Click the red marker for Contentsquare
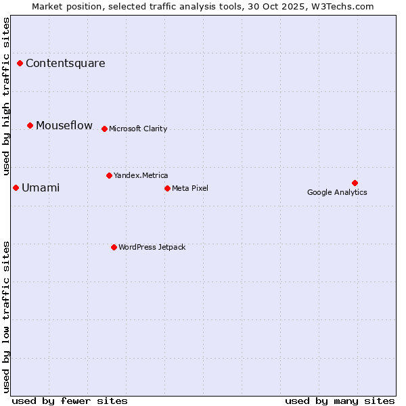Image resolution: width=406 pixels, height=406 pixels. [x=20, y=64]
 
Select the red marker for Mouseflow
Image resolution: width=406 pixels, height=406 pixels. [x=30, y=126]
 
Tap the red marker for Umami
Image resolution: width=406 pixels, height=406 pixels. [x=16, y=188]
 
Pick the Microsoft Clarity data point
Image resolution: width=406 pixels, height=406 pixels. [x=104, y=129]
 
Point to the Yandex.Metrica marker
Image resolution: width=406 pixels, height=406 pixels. [x=109, y=176]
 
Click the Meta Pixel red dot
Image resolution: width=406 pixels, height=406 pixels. [x=167, y=188]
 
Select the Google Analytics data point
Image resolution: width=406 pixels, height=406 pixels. [x=355, y=183]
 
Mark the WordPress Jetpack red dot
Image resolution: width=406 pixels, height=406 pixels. [x=114, y=248]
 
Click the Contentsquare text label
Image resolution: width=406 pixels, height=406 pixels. [x=65, y=64]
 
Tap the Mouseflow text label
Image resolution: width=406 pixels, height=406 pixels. [x=64, y=126]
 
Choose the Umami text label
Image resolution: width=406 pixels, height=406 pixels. [x=41, y=188]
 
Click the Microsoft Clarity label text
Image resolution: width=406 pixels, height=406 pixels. [x=138, y=129]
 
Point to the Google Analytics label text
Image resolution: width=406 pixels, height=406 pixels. [x=337, y=193]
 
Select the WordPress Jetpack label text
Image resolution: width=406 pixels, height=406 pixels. [x=152, y=248]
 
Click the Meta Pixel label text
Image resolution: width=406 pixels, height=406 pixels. [x=190, y=188]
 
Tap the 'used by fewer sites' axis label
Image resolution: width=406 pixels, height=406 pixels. [x=70, y=401]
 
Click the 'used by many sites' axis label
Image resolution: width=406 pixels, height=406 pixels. [x=340, y=401]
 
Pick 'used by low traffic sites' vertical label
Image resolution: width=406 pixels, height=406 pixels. [x=7, y=316]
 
